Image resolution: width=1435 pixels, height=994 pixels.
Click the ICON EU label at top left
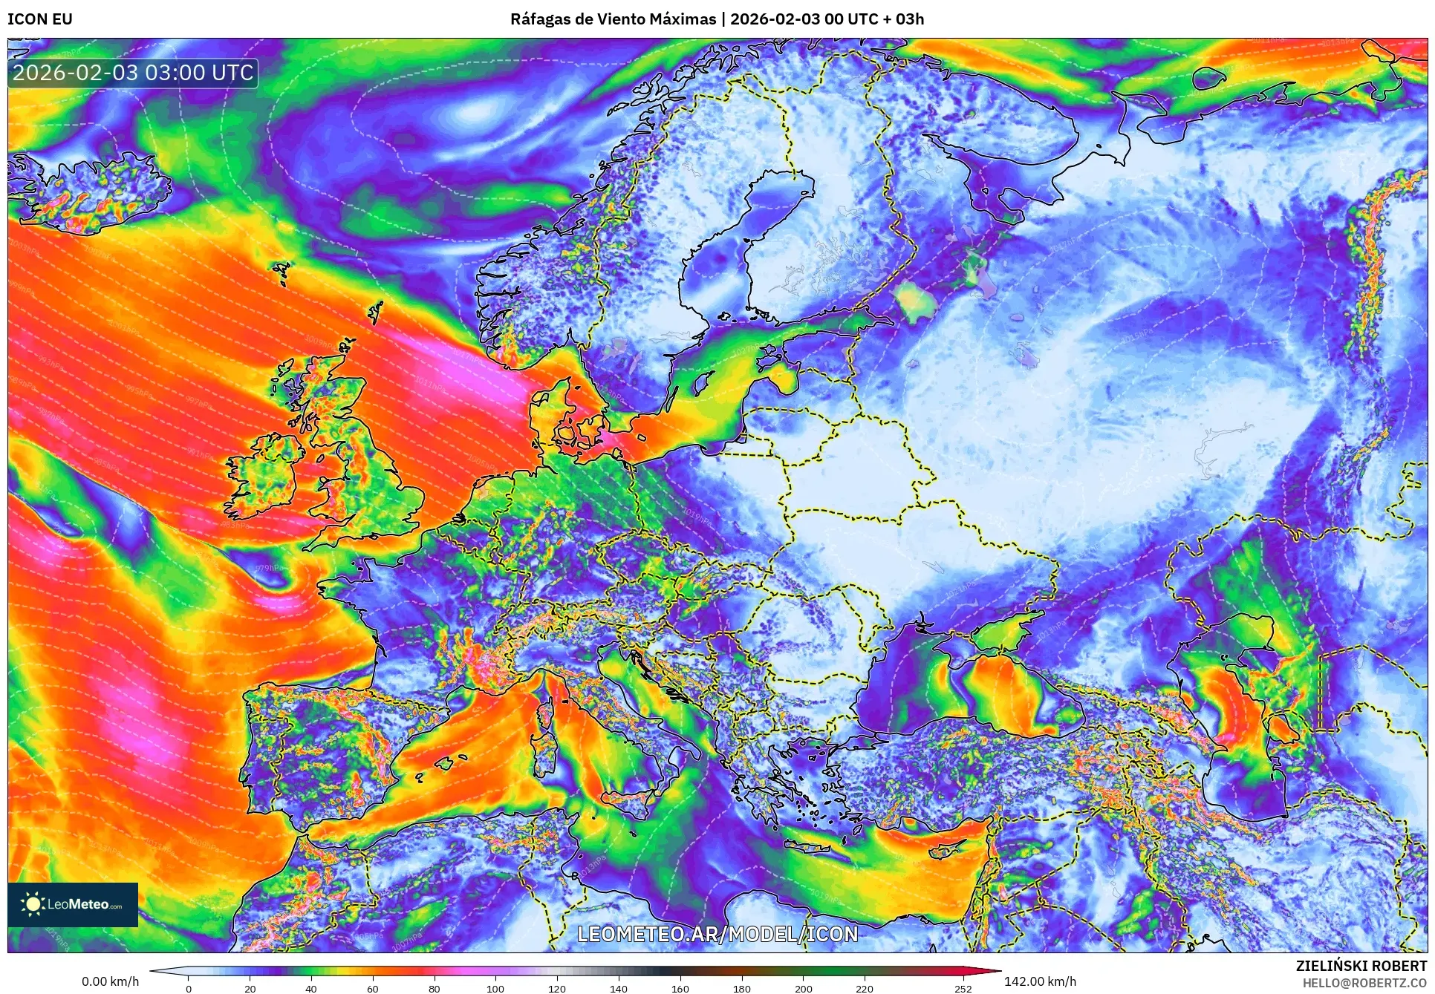[40, 19]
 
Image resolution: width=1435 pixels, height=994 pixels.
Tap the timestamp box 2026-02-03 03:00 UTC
[134, 73]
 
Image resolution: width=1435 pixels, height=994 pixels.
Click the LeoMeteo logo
[73, 904]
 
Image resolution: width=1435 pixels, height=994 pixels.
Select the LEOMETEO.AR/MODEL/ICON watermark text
[717, 934]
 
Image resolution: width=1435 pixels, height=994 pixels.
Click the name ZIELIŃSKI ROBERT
[1361, 966]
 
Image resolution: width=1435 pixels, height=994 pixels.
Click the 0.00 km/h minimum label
[110, 981]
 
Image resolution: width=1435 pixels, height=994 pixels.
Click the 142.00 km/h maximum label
[1040, 981]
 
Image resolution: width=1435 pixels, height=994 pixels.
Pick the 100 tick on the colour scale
[495, 988]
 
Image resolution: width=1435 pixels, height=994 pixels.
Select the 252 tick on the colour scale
[963, 988]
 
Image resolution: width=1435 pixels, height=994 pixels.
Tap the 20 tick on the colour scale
[250, 988]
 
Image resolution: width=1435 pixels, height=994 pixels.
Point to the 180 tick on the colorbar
[741, 988]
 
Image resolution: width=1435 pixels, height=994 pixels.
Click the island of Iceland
[89, 189]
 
